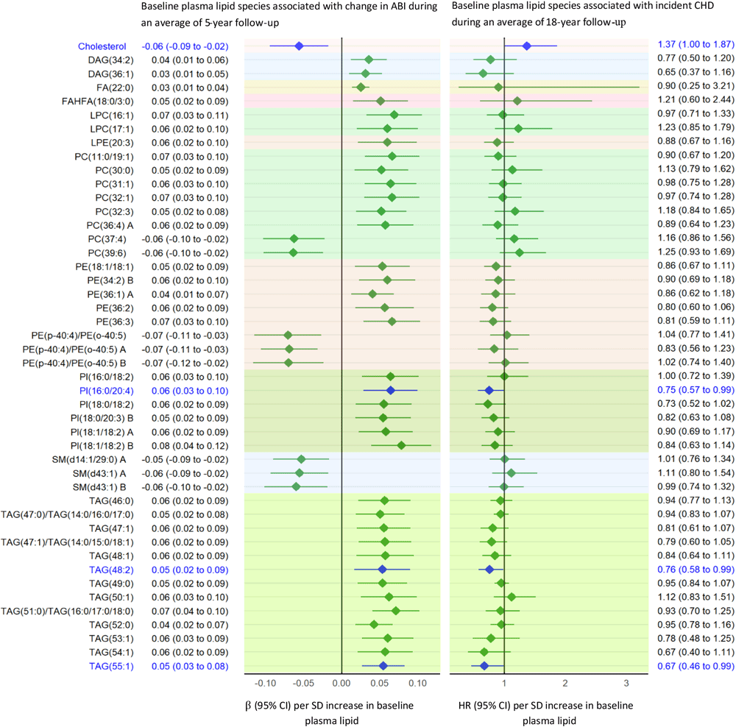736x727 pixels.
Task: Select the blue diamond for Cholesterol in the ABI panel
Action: click(299, 46)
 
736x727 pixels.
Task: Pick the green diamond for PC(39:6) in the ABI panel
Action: click(294, 252)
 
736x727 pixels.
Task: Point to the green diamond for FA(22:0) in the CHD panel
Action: click(498, 87)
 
